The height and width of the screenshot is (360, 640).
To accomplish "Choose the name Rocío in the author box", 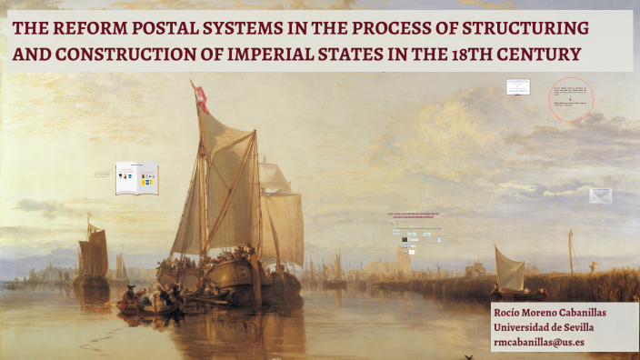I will point(510,313).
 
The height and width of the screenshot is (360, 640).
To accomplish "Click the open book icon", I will point(136,178).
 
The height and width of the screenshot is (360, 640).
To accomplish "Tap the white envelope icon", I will point(600,195).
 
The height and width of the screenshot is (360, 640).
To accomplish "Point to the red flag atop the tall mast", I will point(201,97).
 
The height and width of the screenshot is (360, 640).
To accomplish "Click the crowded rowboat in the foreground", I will point(150,301).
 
